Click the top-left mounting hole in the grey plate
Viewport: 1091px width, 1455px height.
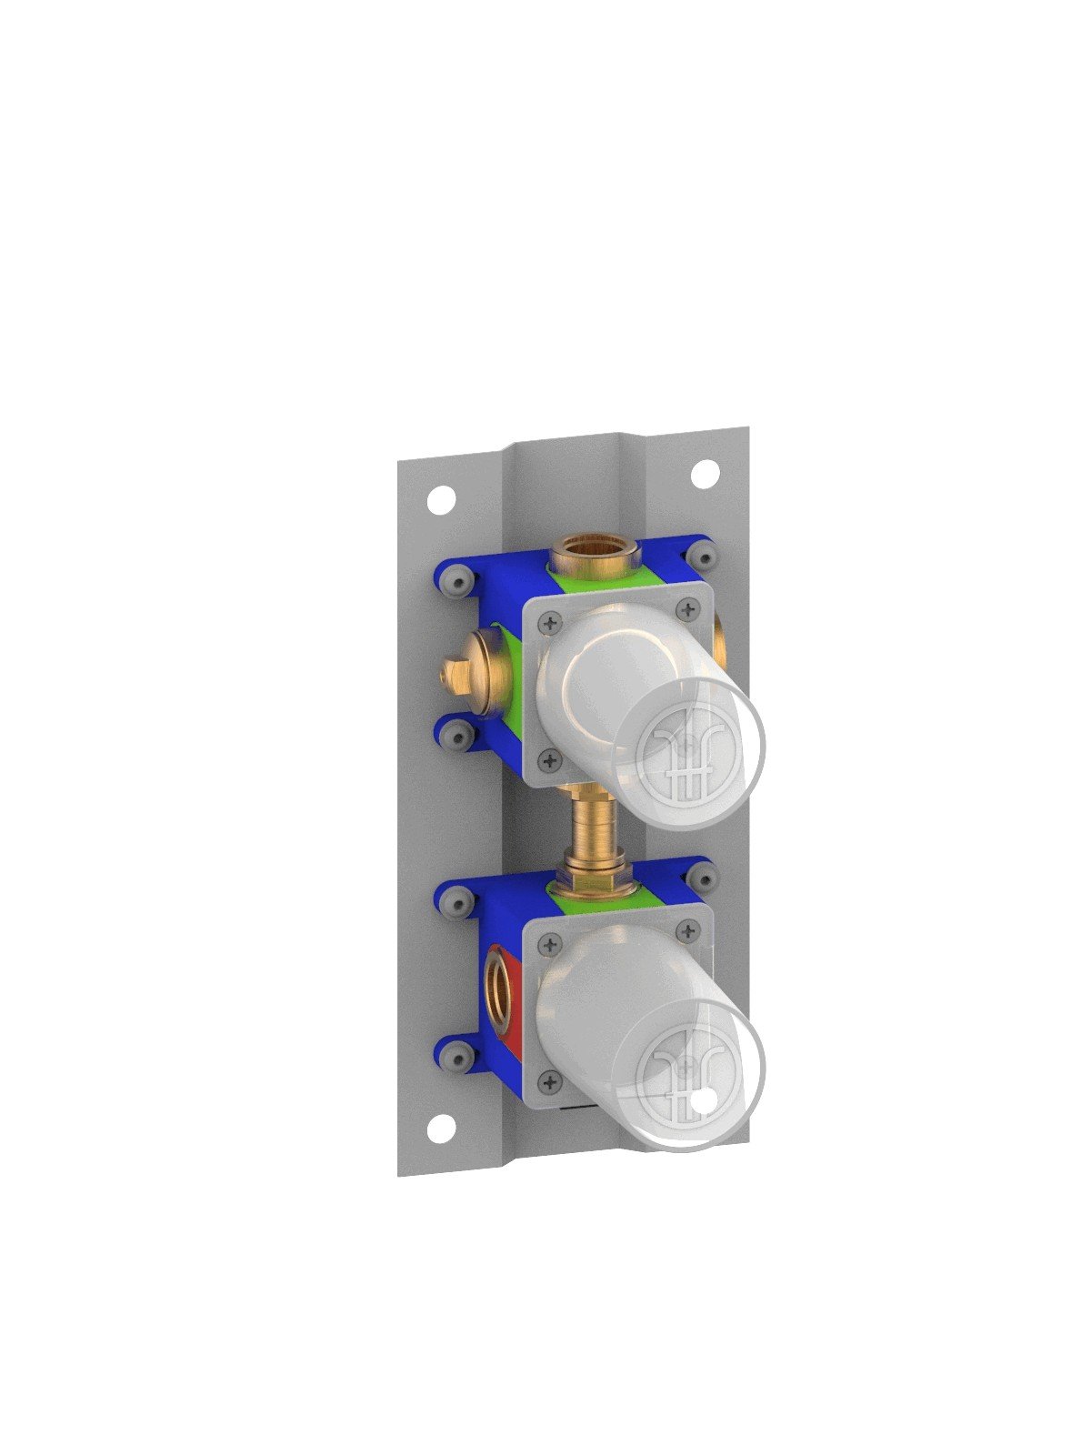point(442,499)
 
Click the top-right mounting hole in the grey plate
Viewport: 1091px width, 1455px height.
point(705,474)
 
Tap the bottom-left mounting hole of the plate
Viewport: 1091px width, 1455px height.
point(441,1129)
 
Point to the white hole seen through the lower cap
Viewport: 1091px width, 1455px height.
point(701,1107)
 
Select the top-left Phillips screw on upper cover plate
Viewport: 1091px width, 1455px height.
point(548,623)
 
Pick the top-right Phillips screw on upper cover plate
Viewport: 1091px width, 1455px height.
point(689,607)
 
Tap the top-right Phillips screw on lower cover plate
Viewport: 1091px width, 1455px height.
point(688,930)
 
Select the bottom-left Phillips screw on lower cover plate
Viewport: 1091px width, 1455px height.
point(548,1081)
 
